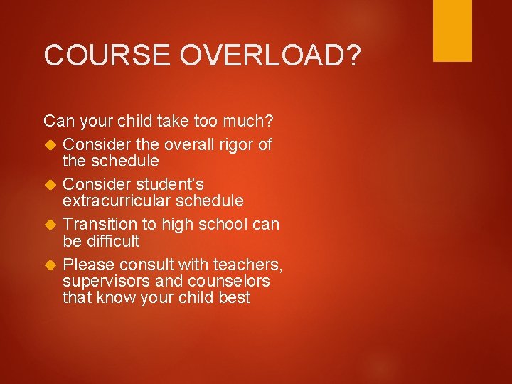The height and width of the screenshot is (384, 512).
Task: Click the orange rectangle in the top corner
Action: point(452,31)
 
